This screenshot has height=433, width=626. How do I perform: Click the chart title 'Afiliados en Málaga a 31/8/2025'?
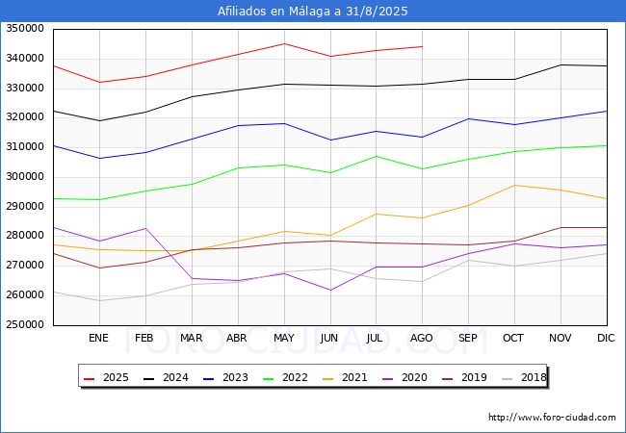pos(313,12)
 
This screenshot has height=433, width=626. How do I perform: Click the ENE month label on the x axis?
pos(98,338)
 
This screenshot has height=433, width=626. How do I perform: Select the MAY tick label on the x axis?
pos(283,338)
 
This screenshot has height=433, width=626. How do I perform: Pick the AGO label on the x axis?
pos(422,338)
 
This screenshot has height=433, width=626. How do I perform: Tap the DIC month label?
pos(606,338)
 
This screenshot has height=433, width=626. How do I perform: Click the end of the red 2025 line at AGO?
pos(422,46)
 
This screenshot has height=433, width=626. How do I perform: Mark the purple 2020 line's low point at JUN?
pos(329,290)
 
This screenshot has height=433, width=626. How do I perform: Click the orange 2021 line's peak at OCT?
pos(514,185)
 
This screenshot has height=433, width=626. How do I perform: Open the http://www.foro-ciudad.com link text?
pos(552,418)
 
